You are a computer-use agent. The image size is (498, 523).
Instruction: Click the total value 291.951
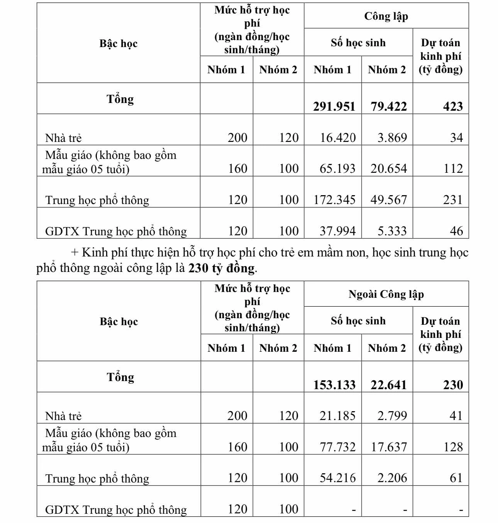(x=334, y=106)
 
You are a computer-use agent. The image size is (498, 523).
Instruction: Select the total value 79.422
(x=389, y=106)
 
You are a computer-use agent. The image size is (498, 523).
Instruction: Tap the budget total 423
(x=453, y=106)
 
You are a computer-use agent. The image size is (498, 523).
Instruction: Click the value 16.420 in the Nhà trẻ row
(x=338, y=138)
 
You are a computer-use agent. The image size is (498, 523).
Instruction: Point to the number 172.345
(x=334, y=200)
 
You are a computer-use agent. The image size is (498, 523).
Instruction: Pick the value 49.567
(x=389, y=200)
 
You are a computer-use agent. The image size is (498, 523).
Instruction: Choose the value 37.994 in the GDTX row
(x=337, y=231)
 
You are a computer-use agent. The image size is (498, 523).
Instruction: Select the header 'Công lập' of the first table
(x=386, y=16)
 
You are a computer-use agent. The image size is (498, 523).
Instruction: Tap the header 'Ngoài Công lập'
(x=386, y=294)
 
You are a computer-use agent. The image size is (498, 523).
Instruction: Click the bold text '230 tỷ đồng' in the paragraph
(x=222, y=268)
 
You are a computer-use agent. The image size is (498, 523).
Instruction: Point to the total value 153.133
(x=334, y=385)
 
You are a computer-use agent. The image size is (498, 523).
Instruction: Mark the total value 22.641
(x=389, y=385)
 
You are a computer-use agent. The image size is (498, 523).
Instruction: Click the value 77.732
(x=337, y=447)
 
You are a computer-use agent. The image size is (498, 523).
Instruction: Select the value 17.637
(x=389, y=447)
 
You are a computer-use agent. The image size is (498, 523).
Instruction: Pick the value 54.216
(x=337, y=478)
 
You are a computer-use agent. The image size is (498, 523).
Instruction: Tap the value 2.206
(x=392, y=478)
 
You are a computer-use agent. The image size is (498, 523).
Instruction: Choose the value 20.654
(x=389, y=169)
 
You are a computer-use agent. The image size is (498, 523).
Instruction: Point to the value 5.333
(x=392, y=231)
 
